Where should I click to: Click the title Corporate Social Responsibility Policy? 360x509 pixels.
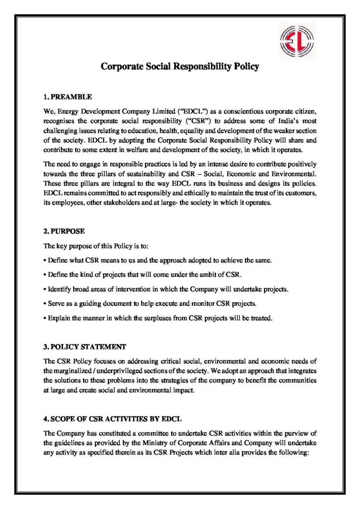point(180,66)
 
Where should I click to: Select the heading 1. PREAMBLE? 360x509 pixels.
point(68,96)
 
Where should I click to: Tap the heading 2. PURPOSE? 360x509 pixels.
point(65,231)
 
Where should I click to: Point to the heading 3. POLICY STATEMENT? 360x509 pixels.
point(85,346)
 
